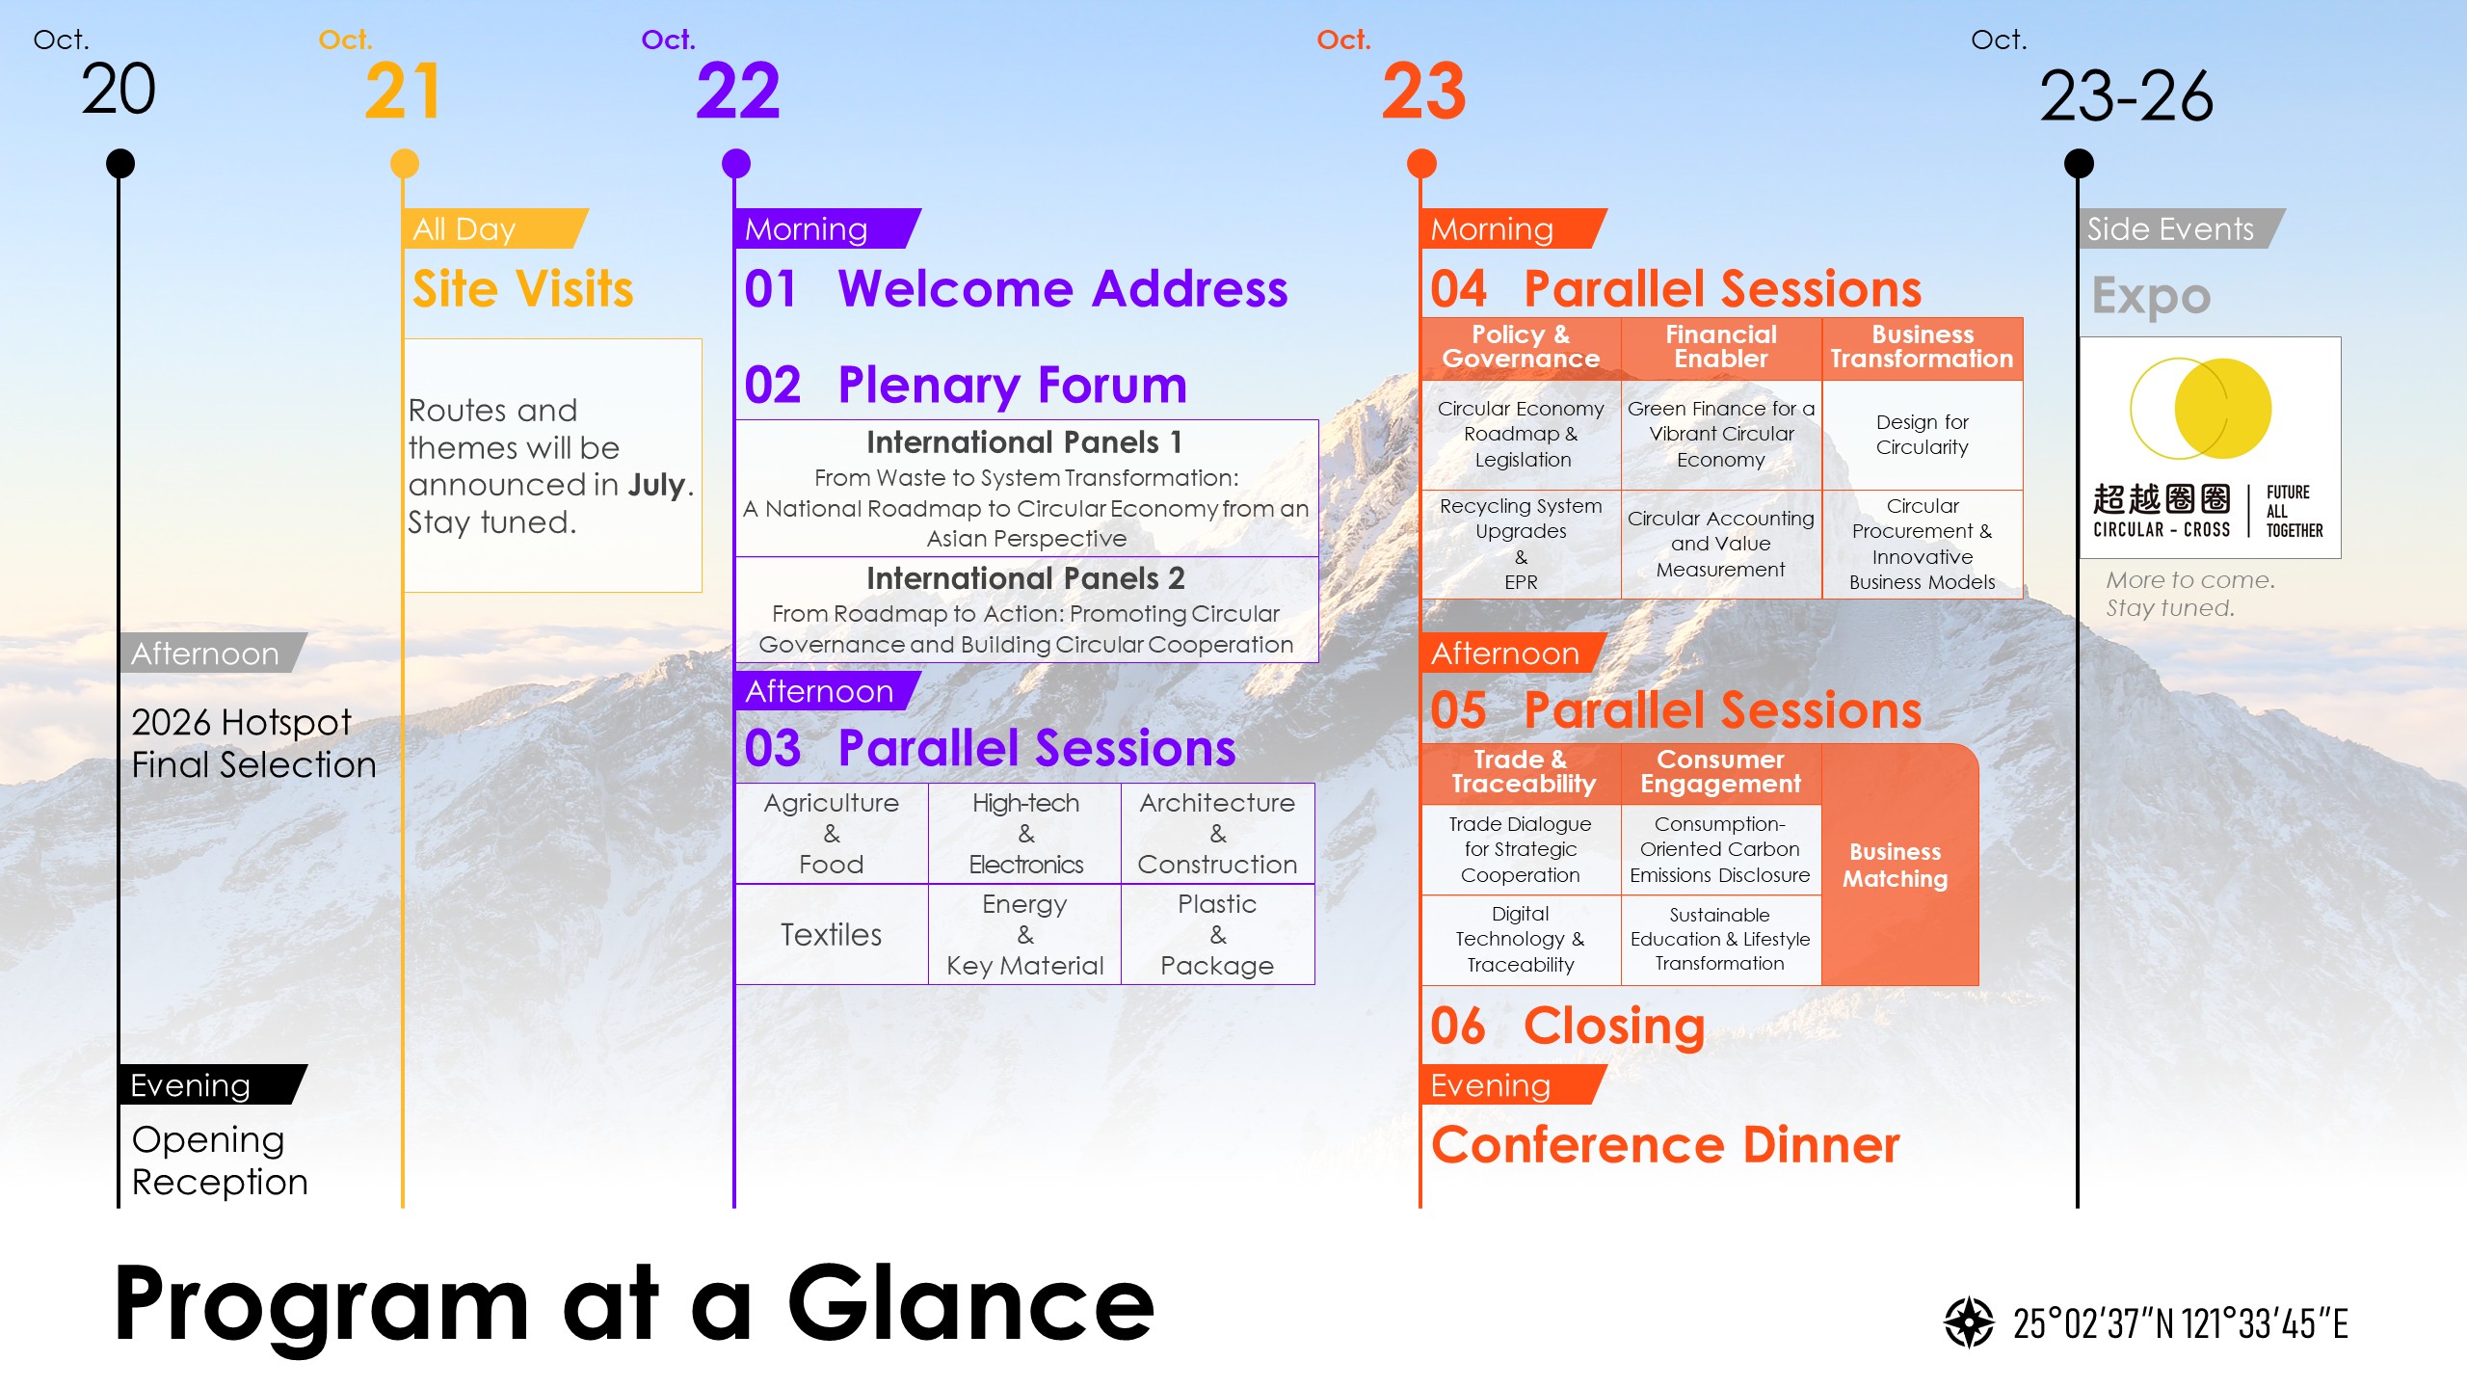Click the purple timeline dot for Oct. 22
[x=736, y=164]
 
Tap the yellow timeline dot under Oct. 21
[x=405, y=164]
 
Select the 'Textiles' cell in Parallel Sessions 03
[x=832, y=934]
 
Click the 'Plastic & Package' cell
[x=1218, y=934]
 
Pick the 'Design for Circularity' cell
[x=1923, y=435]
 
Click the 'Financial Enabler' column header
[x=1721, y=347]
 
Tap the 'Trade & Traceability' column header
[x=1523, y=772]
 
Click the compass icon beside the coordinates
[x=1969, y=1322]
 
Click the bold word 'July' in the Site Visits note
[x=657, y=484]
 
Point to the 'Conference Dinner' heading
[x=1665, y=1145]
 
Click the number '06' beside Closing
[x=1458, y=1026]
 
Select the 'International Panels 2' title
[x=1025, y=578]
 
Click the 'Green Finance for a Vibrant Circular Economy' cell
[x=1721, y=435]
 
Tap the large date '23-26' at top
[x=2127, y=96]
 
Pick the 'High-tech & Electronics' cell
[x=1025, y=834]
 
